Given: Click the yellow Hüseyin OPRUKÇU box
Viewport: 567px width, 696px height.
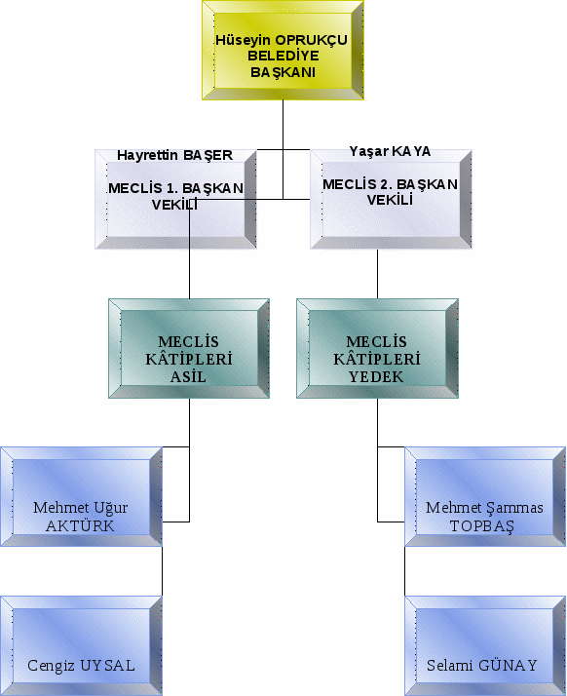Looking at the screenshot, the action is click(x=283, y=50).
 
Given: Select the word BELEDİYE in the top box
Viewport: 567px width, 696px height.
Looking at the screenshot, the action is click(x=283, y=56).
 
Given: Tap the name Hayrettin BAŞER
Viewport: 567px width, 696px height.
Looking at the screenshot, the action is click(x=174, y=155).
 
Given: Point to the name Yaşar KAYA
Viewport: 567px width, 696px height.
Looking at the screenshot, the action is click(x=390, y=151).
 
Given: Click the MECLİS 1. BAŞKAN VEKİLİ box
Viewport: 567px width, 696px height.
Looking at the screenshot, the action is click(x=175, y=199).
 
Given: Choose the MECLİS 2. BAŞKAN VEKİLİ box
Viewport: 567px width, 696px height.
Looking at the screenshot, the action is click(x=391, y=199).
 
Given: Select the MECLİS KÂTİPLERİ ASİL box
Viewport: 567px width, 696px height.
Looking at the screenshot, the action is click(x=189, y=348).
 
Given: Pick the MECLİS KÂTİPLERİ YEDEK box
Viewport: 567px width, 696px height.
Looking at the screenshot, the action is click(x=377, y=348).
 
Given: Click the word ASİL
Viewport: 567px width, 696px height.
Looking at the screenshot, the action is click(x=189, y=377).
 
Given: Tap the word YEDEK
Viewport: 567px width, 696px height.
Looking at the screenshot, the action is click(x=376, y=377).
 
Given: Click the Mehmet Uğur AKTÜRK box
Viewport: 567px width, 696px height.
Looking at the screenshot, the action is click(x=81, y=496).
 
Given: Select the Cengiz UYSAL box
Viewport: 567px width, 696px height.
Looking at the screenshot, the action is click(x=81, y=646).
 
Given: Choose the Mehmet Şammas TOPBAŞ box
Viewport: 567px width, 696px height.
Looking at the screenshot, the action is click(x=485, y=496).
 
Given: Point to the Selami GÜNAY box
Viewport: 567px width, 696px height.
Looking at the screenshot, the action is click(x=485, y=646).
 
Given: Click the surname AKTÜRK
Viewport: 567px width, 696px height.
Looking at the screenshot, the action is click(x=80, y=526).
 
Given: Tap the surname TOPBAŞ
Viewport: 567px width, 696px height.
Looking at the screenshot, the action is click(x=482, y=526).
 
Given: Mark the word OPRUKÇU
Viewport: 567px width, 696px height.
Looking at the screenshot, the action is click(x=312, y=40).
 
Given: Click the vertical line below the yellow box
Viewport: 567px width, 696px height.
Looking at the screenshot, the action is click(x=283, y=149).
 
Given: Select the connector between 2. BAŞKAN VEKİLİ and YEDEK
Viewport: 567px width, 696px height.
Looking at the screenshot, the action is click(x=378, y=274).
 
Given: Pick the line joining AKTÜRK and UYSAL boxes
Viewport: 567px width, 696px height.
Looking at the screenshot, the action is click(x=162, y=571).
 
